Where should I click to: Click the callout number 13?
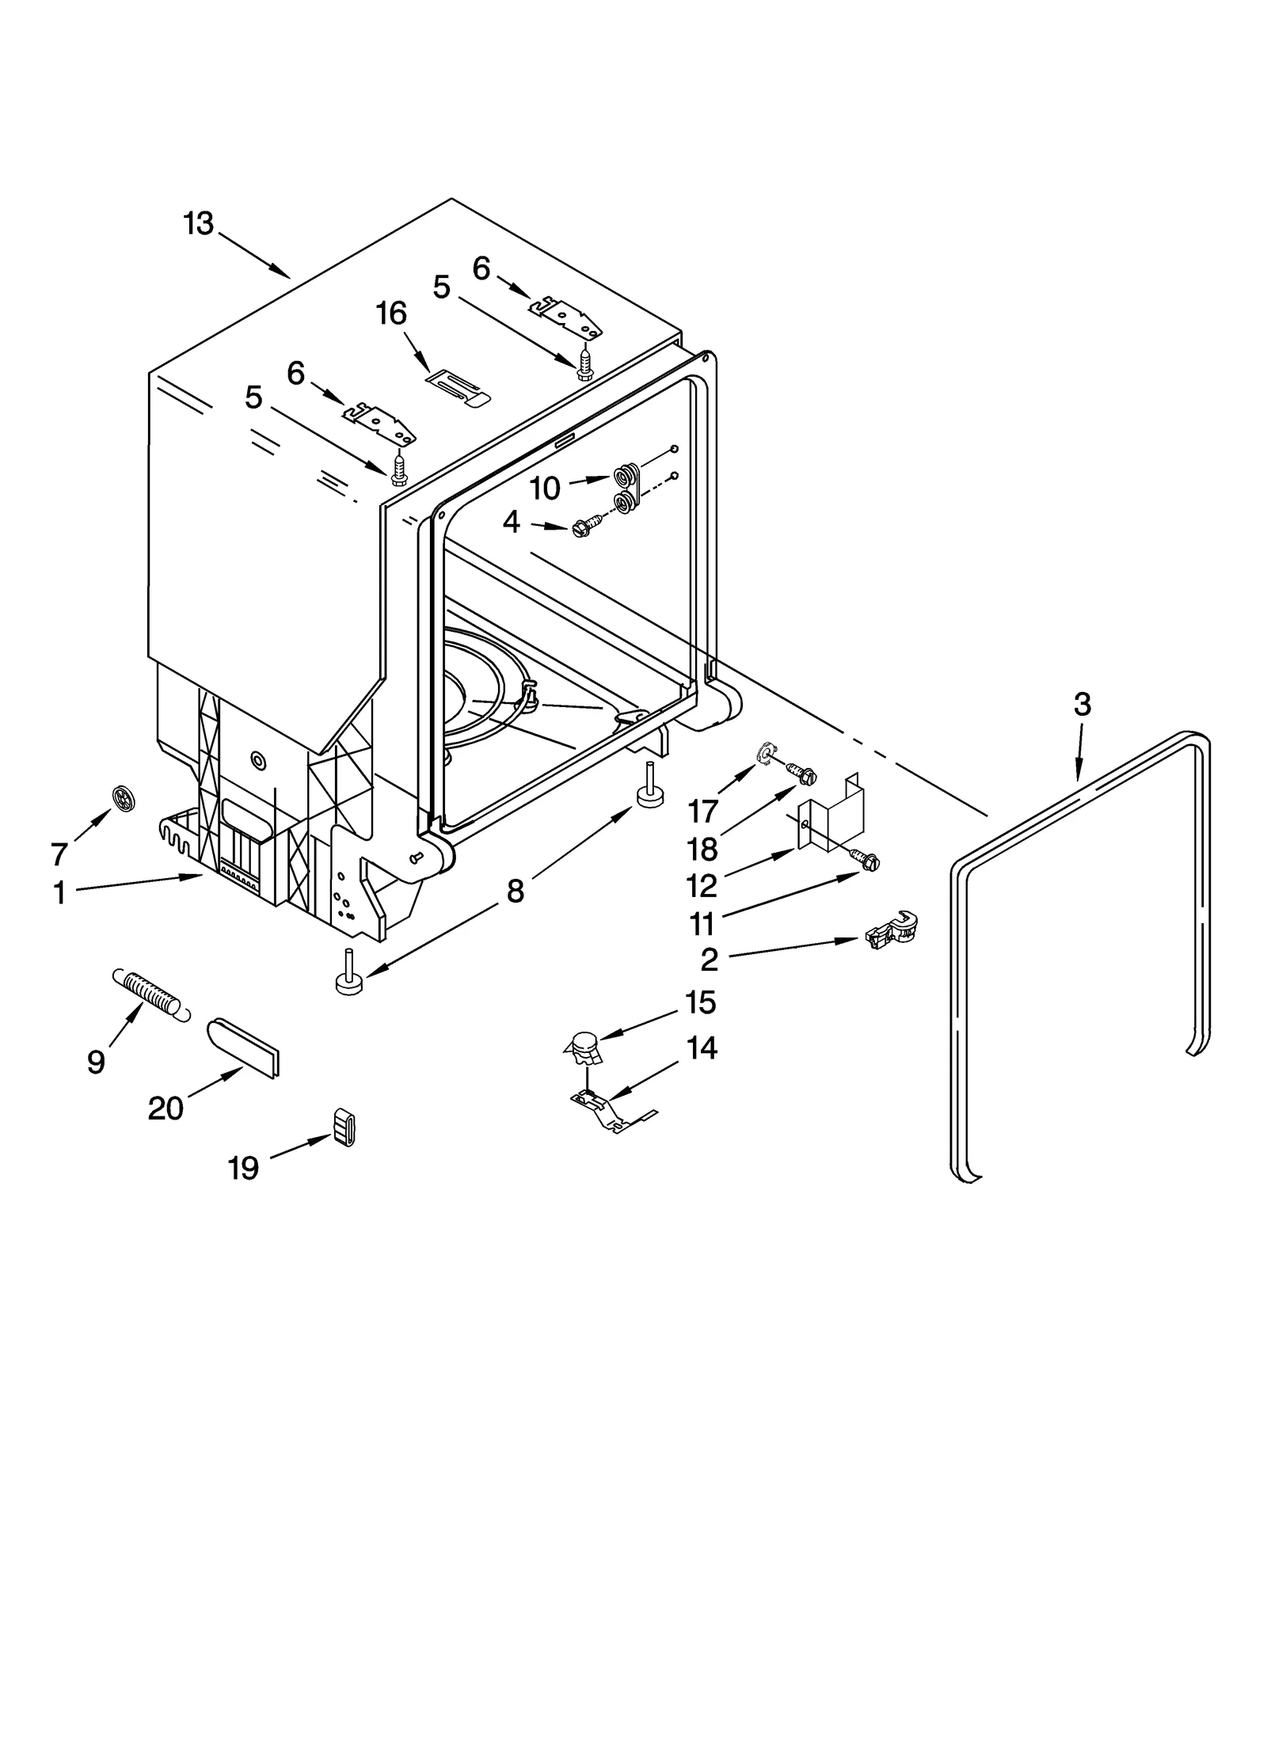pos(199,223)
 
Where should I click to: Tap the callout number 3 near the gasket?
pos(1082,704)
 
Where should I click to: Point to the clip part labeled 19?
pos(343,1127)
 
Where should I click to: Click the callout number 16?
pos(392,314)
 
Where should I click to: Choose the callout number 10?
pos(545,489)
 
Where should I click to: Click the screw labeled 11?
pos(866,858)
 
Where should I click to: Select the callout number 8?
pos(515,892)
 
